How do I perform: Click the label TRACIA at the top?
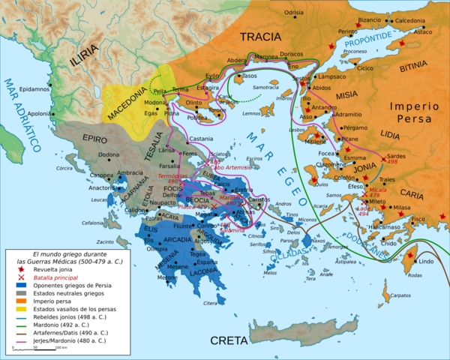coord(261,37)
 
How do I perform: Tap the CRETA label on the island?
coord(229,340)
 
